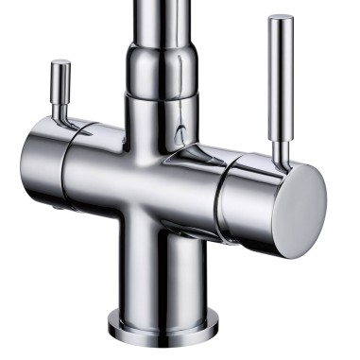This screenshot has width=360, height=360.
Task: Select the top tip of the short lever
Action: tap(60, 64)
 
